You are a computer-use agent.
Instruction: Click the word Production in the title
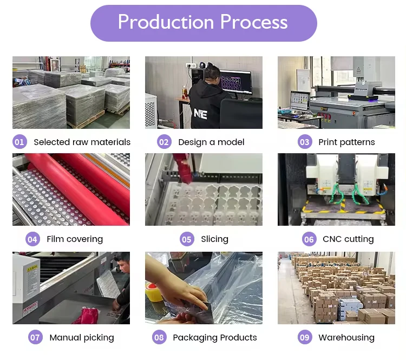[166, 22]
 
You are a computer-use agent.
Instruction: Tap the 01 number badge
[19, 142]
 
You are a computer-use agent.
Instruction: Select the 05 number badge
[187, 239]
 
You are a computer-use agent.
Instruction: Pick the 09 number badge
[305, 338]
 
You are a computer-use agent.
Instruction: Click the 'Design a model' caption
[211, 142]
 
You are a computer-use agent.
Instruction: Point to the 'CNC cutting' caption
[348, 239]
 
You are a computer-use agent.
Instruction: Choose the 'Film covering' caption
[75, 239]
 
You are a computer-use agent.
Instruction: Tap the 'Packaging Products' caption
[215, 338]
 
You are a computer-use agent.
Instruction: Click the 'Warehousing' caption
[346, 338]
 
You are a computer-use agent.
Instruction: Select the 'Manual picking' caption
[82, 338]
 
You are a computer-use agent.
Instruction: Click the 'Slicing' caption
[214, 239]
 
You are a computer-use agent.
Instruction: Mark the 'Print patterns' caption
[346, 142]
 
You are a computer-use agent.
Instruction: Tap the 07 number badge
[35, 338]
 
